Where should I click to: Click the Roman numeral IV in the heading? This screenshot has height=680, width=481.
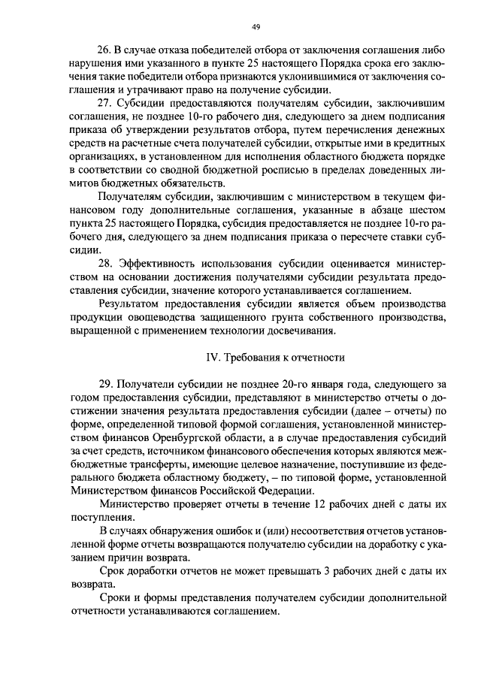tap(212, 357)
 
